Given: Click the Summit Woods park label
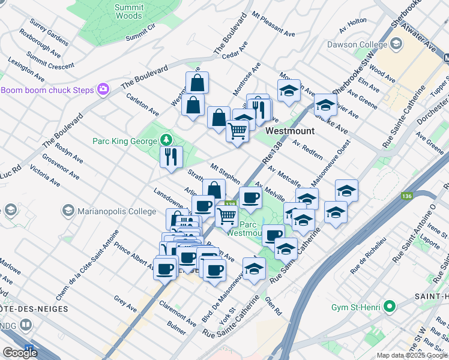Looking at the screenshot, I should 129,12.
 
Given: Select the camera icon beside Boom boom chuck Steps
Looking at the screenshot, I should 104,89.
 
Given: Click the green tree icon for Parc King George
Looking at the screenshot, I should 166,140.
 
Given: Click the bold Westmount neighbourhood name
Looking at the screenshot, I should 286,130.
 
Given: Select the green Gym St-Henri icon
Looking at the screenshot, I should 390,307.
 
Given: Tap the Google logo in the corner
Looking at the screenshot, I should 20,353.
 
